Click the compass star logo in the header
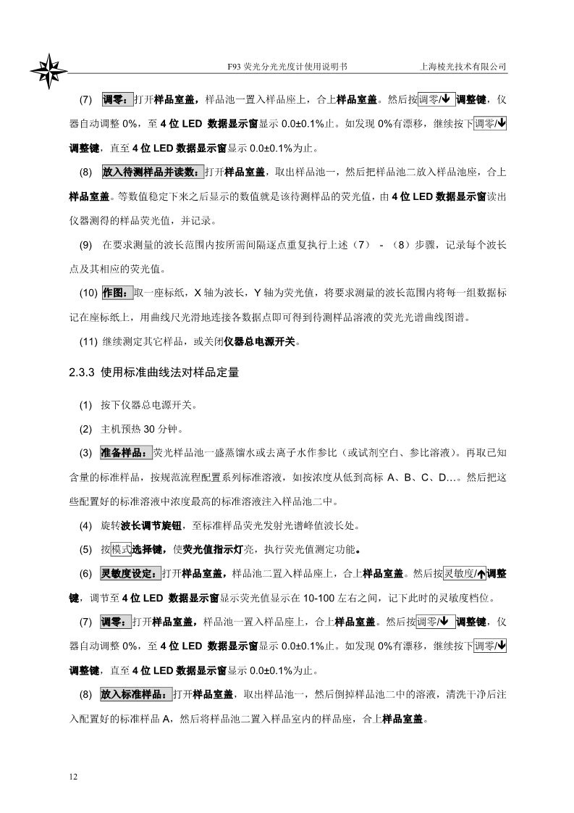coord(49,71)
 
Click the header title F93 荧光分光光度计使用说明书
coord(287,66)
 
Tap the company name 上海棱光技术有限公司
coord(463,66)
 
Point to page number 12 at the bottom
coord(73,777)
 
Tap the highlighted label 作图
coord(115,293)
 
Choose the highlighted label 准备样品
coord(125,453)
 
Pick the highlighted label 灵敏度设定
coord(130,574)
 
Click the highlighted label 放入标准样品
coord(136,694)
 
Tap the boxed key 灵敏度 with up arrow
coord(464,574)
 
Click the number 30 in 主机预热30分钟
coord(151,428)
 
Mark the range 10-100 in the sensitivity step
coord(324,599)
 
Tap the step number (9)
coord(85,245)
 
